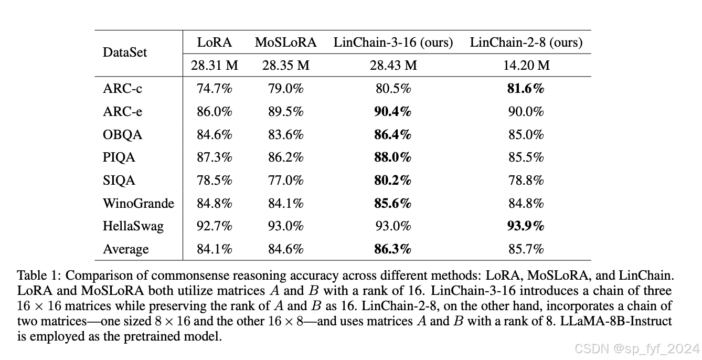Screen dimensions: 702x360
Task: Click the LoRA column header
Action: pos(215,43)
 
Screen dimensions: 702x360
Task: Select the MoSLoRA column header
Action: pos(285,43)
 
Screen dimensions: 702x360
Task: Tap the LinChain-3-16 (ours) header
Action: pos(393,43)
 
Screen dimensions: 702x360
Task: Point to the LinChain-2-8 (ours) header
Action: pos(526,43)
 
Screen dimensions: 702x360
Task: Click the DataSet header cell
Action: pos(125,52)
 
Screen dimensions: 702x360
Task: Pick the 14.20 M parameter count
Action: pos(526,65)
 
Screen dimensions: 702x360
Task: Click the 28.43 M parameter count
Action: pos(393,65)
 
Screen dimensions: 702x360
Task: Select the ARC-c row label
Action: pos(122,89)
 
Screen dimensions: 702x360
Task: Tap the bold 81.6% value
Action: pos(526,89)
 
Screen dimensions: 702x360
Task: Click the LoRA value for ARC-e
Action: pos(215,112)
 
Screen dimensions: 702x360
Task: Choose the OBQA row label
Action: pos(123,135)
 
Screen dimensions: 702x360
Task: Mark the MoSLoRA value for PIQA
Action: pos(285,157)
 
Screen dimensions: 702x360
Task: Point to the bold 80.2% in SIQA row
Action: pos(392,181)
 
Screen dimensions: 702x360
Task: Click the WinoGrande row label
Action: pos(138,204)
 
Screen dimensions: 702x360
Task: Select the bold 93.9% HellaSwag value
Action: pos(526,226)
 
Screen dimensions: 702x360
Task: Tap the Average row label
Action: pos(126,249)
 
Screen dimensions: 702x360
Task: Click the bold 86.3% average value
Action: pos(392,249)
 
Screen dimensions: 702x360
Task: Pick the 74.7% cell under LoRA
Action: pos(215,89)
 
